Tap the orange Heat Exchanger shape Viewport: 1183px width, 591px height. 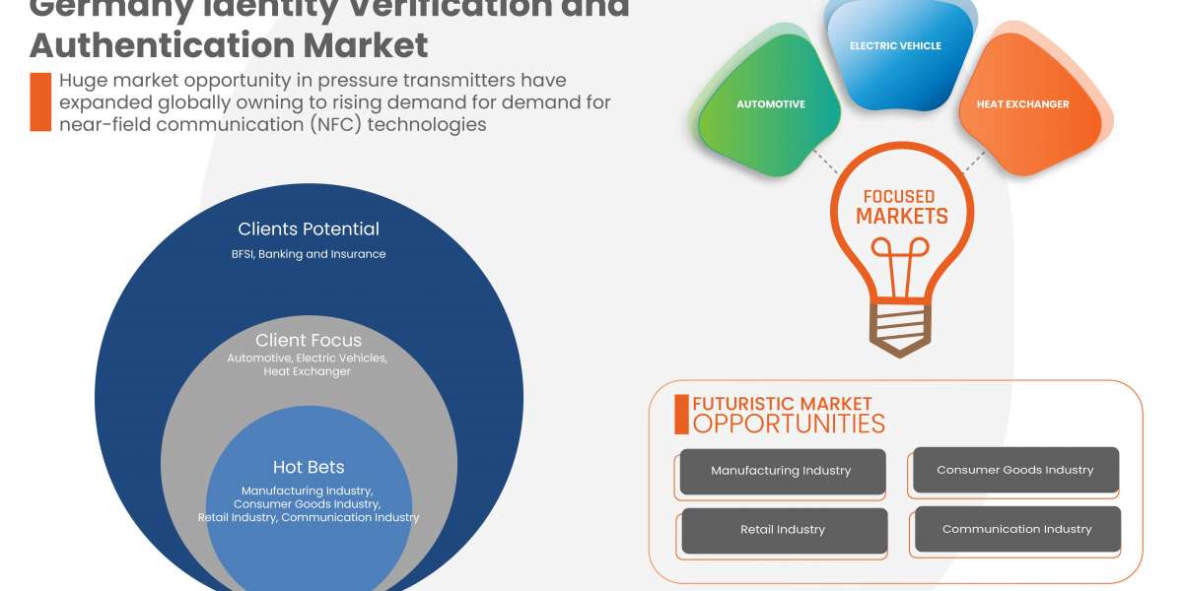pos(1022,104)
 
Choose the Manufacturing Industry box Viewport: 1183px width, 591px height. pos(781,471)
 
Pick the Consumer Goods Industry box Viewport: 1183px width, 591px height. pos(1014,470)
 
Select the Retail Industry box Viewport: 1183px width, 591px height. pos(783,530)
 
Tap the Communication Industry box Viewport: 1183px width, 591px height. pos(1016,529)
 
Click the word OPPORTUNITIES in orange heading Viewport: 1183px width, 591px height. pos(789,424)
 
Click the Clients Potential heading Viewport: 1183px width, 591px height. pos(309,230)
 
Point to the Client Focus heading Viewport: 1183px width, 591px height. pos(309,341)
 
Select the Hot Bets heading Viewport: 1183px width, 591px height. pos(309,467)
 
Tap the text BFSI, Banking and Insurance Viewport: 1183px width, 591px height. pos(309,254)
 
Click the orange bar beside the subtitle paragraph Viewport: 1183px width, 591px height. pos(40,101)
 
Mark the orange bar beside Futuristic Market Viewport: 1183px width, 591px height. pos(681,415)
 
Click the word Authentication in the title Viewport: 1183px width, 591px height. pos(158,45)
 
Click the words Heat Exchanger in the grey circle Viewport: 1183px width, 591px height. pos(307,371)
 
